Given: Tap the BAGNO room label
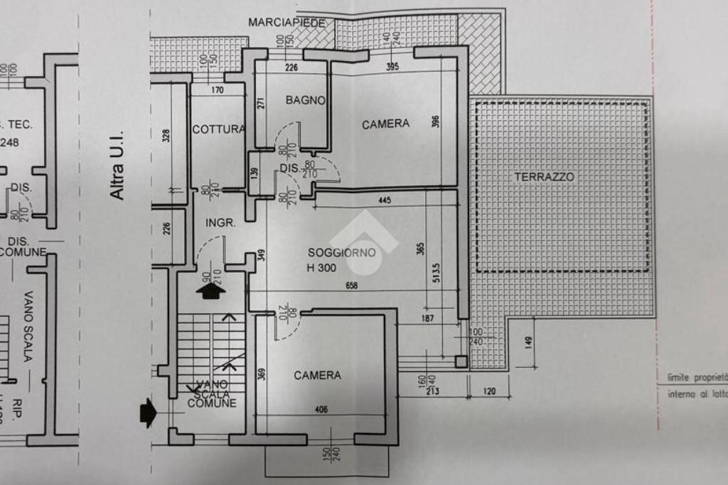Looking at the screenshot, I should coord(305,100).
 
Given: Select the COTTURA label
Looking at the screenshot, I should coord(218,129).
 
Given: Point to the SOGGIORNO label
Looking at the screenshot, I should coord(338,252).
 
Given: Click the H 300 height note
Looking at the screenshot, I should coord(323,268).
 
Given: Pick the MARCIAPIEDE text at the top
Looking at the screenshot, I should coord(287,23).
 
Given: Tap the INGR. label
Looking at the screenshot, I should coord(220,222).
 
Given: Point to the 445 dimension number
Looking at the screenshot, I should coord(384,201).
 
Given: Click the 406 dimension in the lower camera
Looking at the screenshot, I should coord(321,409).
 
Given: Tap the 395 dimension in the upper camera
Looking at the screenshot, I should coord(392,67).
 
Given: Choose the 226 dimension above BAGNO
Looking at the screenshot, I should coord(290,68).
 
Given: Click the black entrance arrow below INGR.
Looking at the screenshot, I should coord(211,290).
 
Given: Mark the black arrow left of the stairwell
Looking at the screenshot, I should coord(148,413).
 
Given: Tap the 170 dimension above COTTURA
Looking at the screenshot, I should coord(218,89).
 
